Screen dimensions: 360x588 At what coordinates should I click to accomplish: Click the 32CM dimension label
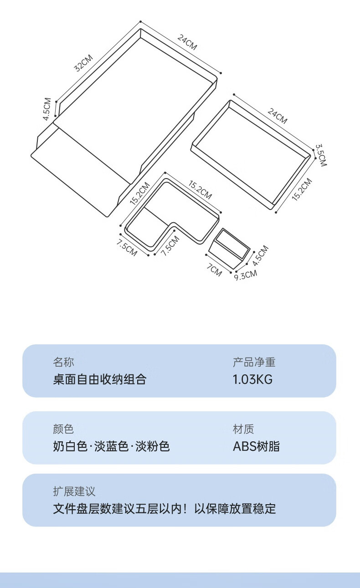point(84,63)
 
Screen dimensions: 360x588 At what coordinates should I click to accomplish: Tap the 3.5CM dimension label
point(321,155)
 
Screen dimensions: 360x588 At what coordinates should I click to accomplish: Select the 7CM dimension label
point(214,270)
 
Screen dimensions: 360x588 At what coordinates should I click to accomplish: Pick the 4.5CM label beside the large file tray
point(47,109)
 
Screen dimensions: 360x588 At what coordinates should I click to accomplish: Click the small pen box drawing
point(230,248)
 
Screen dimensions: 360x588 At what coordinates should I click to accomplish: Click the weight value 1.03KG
point(252,379)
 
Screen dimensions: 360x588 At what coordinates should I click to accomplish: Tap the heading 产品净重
point(254,362)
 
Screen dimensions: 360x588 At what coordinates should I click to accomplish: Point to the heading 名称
point(63,362)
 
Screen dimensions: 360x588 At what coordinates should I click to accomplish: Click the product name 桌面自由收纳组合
point(99,379)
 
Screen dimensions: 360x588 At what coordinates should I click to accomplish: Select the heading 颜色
point(63,429)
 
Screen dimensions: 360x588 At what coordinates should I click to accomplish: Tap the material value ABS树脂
point(256,446)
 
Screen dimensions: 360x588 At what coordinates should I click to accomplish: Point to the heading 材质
point(243,429)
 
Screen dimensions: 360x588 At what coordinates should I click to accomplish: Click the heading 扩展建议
point(74,491)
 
